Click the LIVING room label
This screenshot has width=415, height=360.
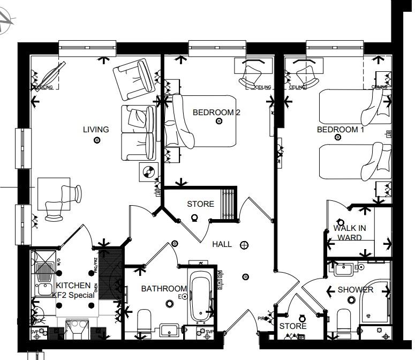[x=96, y=129]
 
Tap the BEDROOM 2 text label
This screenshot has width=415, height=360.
[x=216, y=112]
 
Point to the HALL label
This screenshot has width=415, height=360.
[x=222, y=244]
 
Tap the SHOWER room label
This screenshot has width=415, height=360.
[x=356, y=290]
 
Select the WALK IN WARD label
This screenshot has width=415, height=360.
[x=348, y=233]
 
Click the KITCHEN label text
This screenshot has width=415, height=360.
[x=70, y=286]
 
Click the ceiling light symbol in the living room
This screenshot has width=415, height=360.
[x=97, y=140]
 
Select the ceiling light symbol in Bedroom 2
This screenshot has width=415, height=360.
[x=218, y=122]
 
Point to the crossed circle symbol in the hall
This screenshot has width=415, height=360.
[x=244, y=245]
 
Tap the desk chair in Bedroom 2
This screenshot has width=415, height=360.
[x=251, y=77]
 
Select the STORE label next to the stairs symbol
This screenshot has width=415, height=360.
[x=200, y=204]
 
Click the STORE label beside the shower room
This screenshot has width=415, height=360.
[x=293, y=326]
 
